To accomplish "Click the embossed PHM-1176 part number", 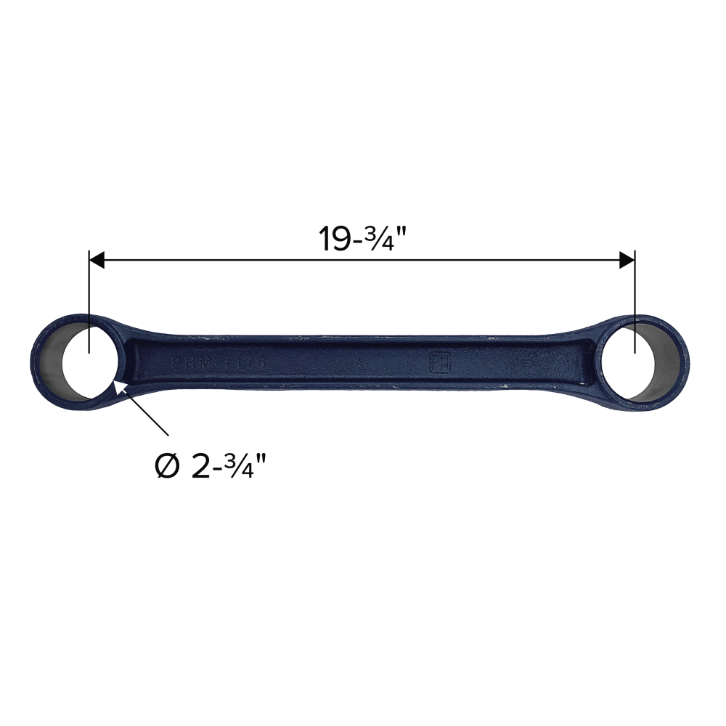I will (x=219, y=362).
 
